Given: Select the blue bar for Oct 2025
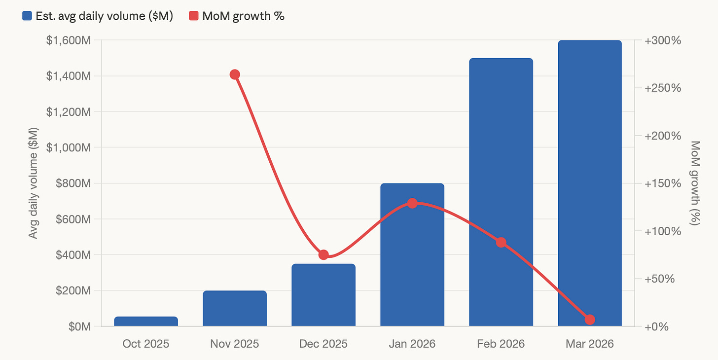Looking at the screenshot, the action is (x=146, y=321).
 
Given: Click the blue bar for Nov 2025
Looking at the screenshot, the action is (x=235, y=308).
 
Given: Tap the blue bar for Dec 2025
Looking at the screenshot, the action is (x=323, y=295).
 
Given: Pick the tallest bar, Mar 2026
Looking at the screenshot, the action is (x=590, y=183).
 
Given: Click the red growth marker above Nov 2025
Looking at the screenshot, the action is (x=235, y=74).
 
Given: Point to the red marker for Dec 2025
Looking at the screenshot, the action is (x=323, y=255).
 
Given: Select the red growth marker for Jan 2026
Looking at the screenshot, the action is (x=412, y=203).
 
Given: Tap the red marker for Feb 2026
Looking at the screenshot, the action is (x=501, y=242).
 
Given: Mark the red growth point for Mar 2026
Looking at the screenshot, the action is (x=590, y=320).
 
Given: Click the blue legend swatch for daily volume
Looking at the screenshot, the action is (x=27, y=16).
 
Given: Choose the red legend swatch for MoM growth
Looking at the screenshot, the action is (x=194, y=16).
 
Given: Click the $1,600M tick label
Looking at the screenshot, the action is (x=69, y=40).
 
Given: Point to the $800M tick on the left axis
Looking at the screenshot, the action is (x=73, y=183).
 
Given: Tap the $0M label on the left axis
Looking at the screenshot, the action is (x=80, y=326).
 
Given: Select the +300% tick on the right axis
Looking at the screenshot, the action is (x=663, y=40).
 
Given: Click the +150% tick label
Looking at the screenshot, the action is (x=663, y=183).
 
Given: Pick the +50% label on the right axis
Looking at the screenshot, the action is (x=659, y=279).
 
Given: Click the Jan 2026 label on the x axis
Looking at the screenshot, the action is (x=412, y=344).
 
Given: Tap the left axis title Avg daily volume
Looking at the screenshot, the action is (x=33, y=183).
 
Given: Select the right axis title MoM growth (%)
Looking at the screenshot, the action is (x=695, y=183).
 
